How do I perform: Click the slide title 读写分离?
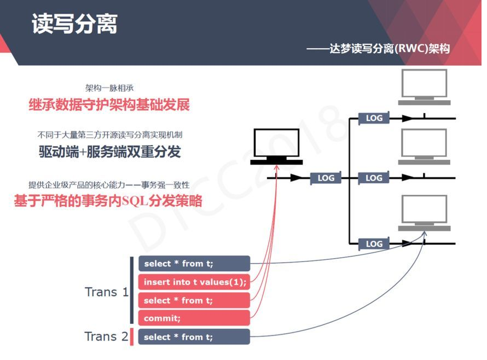74,24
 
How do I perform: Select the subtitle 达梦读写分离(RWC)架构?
378,49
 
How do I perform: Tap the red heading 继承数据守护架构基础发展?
109,105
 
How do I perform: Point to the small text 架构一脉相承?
109,88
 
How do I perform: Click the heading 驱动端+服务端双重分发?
109,152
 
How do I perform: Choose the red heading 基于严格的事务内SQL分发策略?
108,201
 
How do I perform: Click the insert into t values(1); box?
194,282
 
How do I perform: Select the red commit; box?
194,318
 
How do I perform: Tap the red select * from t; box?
194,300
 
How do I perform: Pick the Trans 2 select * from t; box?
194,337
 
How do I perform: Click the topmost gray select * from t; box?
194,264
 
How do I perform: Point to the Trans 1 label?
106,292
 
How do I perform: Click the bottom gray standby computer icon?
424,213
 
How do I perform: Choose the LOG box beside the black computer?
326,178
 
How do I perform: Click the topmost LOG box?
374,118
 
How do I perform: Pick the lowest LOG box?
374,244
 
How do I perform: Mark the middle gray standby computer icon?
424,147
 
